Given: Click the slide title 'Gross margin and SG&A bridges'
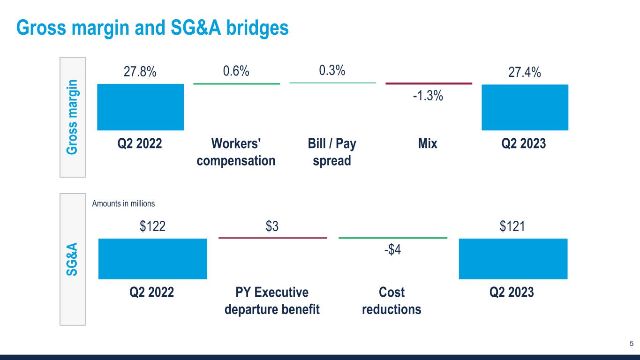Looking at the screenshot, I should [x=152, y=28].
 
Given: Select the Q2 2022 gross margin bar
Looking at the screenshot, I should [x=140, y=107].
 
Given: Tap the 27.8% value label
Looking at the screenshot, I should [x=140, y=73].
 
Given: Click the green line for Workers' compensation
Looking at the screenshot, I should [x=236, y=84].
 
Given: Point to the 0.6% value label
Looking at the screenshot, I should [x=236, y=72].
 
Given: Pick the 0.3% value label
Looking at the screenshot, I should [x=332, y=71].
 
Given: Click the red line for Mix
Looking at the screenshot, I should [x=429, y=83].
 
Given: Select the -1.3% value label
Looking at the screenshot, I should [x=428, y=96].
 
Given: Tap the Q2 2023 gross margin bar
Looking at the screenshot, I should [x=525, y=107].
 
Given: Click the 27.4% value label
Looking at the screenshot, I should [x=525, y=73].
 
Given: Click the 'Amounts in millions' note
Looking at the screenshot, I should [x=123, y=204].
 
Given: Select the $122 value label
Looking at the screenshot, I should [x=152, y=227].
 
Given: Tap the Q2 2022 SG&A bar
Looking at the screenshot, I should [x=152, y=259].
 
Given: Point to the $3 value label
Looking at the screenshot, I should [x=272, y=227].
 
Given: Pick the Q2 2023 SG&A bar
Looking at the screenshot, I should [x=513, y=259].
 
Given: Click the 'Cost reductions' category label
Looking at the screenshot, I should [x=392, y=301].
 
